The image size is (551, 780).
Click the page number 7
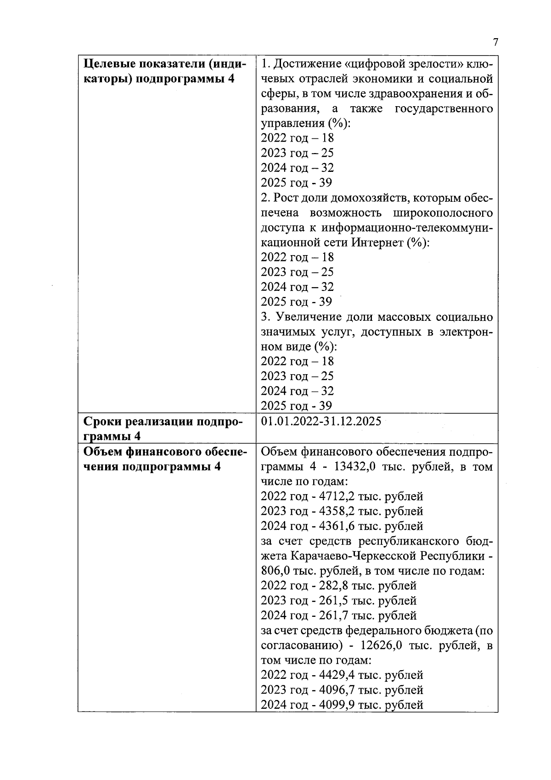pyautogui.click(x=495, y=43)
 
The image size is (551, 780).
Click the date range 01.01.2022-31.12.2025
pyautogui.click(x=320, y=421)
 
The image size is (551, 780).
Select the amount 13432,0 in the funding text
pyautogui.click(x=356, y=467)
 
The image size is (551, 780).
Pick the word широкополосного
pyautogui.click(x=443, y=213)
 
